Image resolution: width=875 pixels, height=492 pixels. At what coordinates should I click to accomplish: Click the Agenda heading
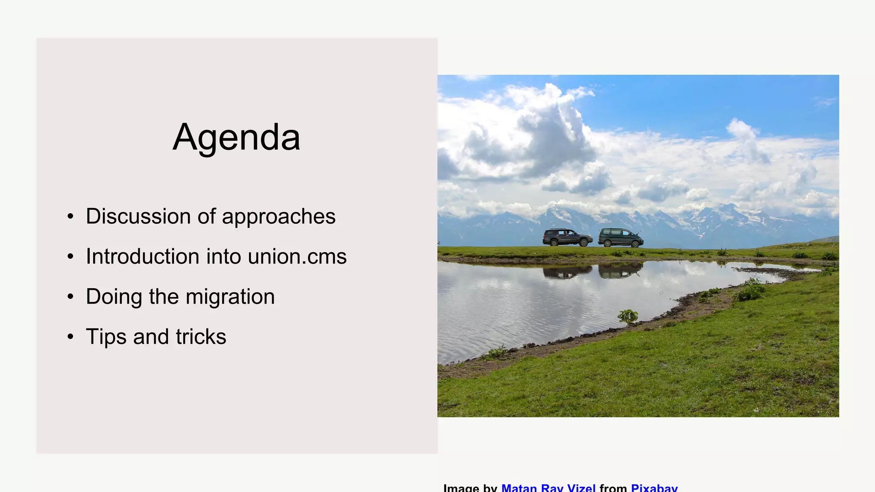tap(236, 137)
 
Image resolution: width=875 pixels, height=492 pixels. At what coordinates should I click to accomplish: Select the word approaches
tap(279, 217)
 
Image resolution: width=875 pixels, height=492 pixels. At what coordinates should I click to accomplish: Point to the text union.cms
tap(297, 256)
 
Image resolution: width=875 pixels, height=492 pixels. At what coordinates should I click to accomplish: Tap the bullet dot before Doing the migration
tap(70, 297)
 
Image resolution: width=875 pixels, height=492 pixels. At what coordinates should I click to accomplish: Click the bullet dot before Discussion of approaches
tap(70, 217)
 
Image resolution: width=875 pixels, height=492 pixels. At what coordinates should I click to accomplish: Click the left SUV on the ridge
tap(567, 237)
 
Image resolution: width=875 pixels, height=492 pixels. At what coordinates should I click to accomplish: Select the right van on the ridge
tap(620, 237)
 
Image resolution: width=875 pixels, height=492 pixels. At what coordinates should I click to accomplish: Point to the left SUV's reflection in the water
tap(567, 271)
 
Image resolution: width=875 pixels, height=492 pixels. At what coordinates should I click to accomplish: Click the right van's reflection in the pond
tap(620, 270)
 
